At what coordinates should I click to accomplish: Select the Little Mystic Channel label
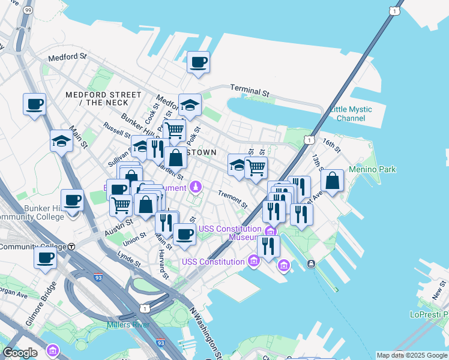[351, 113]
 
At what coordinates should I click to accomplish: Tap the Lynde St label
[129, 259]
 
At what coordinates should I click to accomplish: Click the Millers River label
[127, 325]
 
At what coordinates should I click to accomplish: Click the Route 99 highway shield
[28, 10]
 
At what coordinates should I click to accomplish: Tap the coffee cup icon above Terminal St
[198, 62]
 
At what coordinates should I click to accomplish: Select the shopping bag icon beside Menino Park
[332, 181]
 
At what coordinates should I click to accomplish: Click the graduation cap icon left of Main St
[61, 142]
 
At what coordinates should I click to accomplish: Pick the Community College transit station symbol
[71, 246]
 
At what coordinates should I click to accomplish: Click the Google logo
[20, 353]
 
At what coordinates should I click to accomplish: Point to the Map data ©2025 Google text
[412, 355]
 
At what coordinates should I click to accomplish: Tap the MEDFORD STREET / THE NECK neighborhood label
[104, 99]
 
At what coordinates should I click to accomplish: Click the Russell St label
[117, 130]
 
